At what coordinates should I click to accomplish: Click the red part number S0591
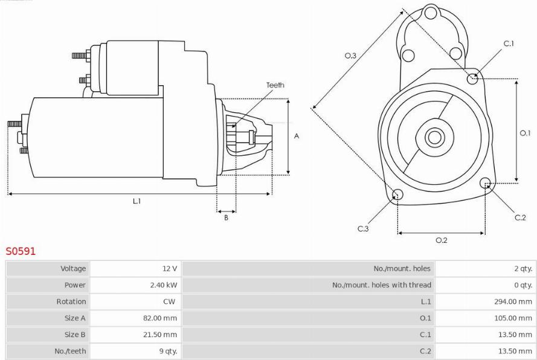click(21, 251)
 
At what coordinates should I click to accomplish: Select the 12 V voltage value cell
click(170, 269)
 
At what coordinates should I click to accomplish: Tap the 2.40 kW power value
click(164, 285)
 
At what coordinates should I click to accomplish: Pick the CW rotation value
click(169, 301)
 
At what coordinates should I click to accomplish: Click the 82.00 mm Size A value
click(160, 318)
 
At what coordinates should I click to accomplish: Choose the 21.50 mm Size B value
click(160, 334)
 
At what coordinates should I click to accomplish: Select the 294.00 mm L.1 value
click(513, 301)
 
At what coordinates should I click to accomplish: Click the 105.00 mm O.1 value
click(513, 318)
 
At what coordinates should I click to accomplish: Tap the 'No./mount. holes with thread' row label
click(382, 285)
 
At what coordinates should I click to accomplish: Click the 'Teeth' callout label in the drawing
click(275, 85)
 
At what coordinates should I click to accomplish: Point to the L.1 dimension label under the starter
click(137, 201)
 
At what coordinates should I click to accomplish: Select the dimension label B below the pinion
click(226, 217)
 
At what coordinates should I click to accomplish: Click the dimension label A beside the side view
click(297, 136)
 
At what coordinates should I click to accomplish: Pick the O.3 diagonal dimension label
click(350, 56)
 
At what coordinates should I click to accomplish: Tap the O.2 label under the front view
click(442, 240)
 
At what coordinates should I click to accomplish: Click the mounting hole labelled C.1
click(472, 79)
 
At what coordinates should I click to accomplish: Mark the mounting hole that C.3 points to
click(397, 194)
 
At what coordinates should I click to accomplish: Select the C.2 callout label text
click(520, 217)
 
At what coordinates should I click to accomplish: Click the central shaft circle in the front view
click(434, 137)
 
